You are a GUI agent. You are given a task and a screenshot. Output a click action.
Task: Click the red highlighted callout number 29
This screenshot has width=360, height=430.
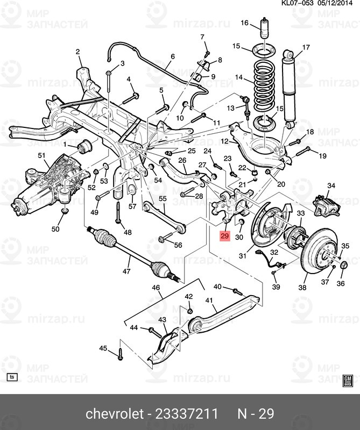tap(225, 236)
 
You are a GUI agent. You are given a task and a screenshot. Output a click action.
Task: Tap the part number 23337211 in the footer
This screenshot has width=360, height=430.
tap(187, 414)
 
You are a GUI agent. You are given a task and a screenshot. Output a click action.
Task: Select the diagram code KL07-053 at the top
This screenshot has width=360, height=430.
tap(298, 3)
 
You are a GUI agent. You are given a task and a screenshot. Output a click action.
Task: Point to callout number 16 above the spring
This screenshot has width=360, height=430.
tap(244, 23)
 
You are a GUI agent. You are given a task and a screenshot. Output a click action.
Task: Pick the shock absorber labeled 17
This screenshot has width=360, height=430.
tap(289, 88)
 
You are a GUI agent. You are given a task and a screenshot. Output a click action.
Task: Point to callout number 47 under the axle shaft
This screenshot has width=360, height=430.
tap(126, 271)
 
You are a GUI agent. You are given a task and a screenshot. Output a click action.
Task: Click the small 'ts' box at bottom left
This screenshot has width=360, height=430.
tap(12, 377)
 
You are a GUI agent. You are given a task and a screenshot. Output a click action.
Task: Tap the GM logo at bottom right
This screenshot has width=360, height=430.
tap(348, 381)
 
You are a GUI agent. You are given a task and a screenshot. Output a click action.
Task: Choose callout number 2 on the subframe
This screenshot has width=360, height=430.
tap(77, 52)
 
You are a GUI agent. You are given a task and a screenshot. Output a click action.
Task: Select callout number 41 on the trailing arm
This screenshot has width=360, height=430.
tap(209, 300)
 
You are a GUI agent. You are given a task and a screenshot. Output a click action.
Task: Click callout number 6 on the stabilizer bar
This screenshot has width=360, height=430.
tap(173, 56)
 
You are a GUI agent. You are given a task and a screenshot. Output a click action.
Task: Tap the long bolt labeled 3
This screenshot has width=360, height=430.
tap(108, 102)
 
